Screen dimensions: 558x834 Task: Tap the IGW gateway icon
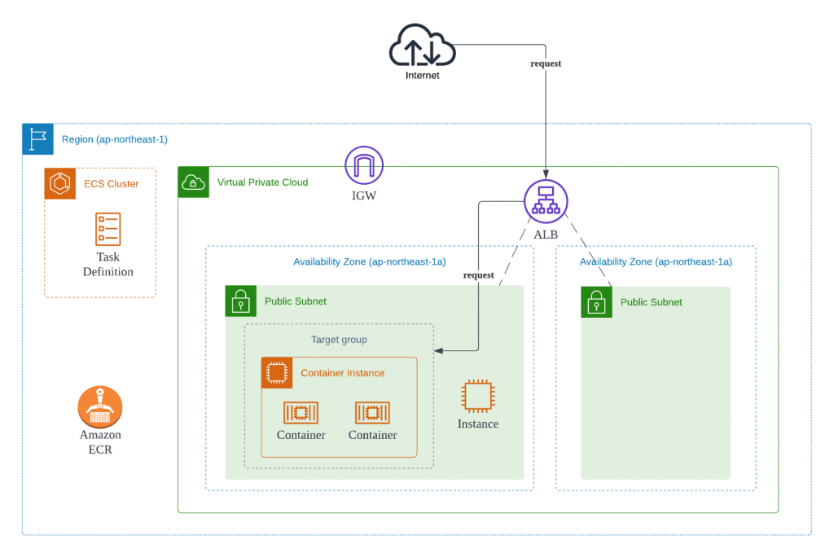tap(364, 165)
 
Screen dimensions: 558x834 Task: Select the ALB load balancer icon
tap(545, 200)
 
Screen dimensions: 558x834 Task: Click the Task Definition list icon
tap(108, 230)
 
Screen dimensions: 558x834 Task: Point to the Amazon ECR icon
tap(100, 406)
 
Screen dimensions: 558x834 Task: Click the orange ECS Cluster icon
tap(60, 183)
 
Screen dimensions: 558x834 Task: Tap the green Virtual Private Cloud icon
tap(194, 182)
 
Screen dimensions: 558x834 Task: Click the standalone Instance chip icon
tap(477, 396)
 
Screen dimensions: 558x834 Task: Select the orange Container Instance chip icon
tap(277, 373)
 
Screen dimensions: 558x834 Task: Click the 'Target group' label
tap(339, 340)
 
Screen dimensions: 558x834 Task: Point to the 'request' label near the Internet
tap(546, 64)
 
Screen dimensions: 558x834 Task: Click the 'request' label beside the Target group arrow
tap(478, 275)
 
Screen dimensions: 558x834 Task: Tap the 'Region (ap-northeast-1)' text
tap(115, 139)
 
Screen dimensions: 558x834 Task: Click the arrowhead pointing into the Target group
tap(438, 351)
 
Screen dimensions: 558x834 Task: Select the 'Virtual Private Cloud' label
tap(262, 182)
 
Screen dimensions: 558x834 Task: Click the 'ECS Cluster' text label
tap(112, 184)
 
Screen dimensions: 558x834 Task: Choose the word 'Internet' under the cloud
tap(422, 76)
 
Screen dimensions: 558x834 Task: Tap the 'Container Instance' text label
tap(342, 373)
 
